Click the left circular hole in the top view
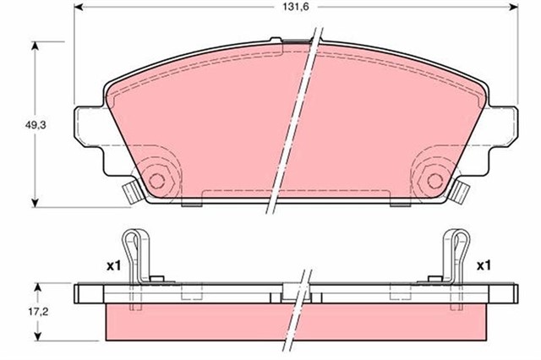pyautogui.click(x=156, y=180)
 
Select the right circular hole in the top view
pyautogui.click(x=434, y=180)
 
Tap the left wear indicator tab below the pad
pyautogui.click(x=131, y=193)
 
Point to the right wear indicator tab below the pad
pyautogui.click(x=460, y=194)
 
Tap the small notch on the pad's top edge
pyautogui.click(x=276, y=39)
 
